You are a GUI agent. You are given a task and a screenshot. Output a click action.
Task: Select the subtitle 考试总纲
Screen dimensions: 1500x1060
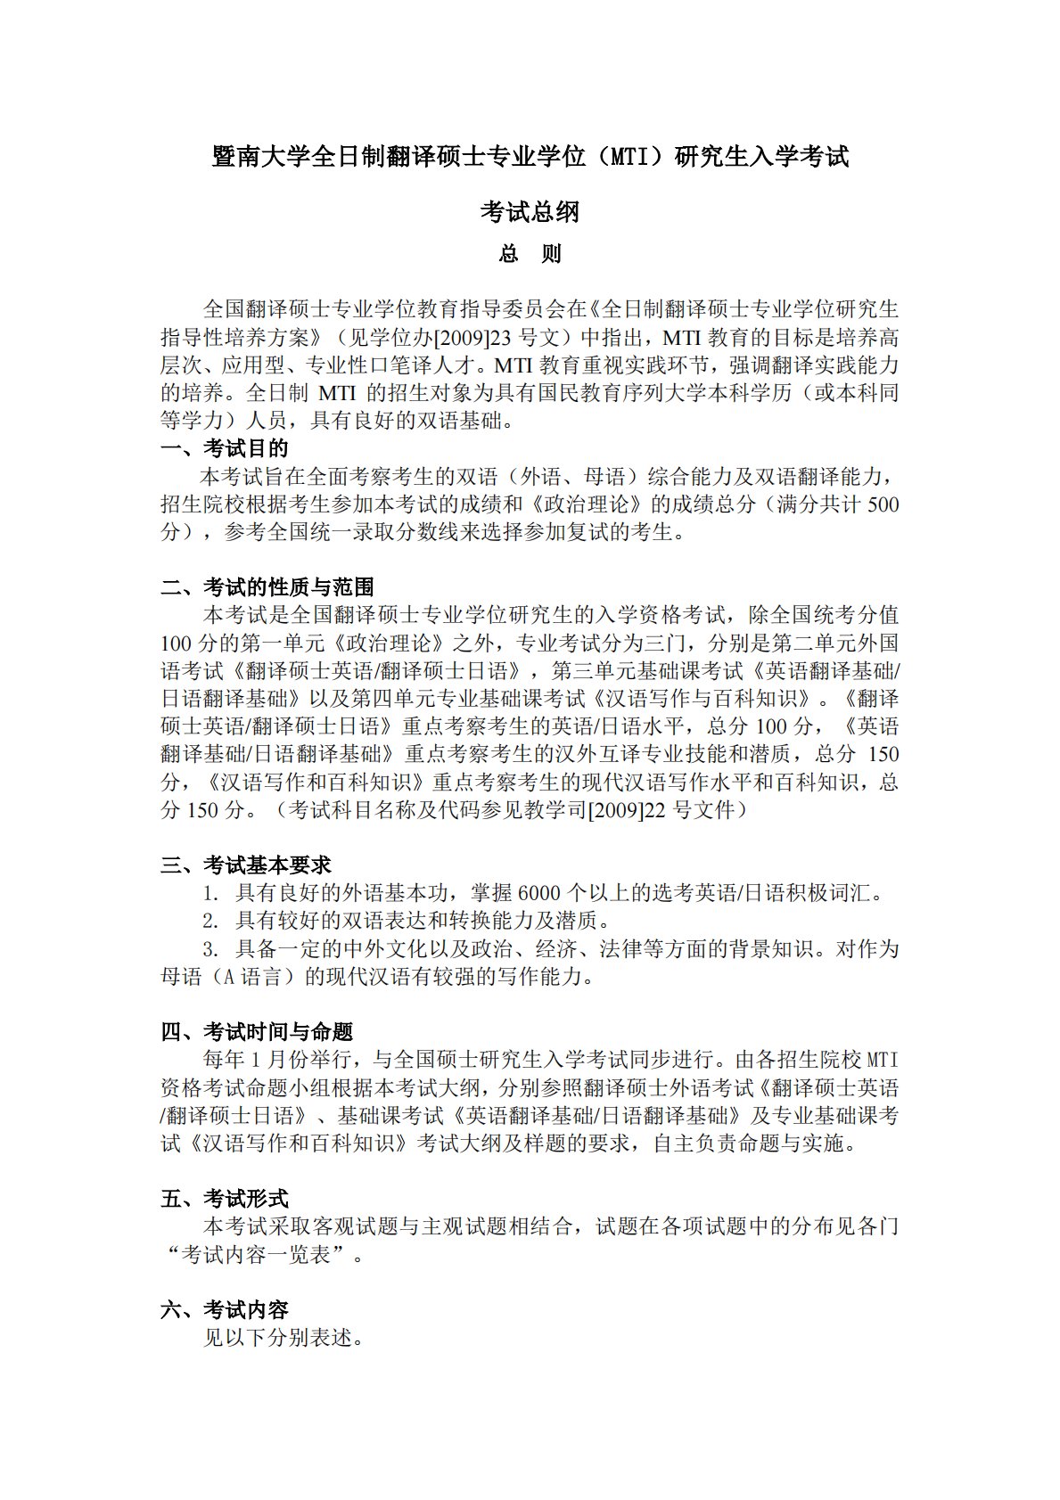[x=530, y=212]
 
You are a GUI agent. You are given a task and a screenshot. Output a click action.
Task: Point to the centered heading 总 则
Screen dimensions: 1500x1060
[x=530, y=254]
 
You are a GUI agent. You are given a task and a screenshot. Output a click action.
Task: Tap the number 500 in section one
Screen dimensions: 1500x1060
[x=882, y=504]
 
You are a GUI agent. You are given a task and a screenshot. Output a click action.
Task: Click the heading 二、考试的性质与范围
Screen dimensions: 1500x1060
[x=267, y=587]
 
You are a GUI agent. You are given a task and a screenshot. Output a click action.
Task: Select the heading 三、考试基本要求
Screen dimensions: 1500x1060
[x=246, y=865]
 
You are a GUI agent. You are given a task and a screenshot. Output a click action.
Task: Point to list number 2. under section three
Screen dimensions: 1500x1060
[x=210, y=921]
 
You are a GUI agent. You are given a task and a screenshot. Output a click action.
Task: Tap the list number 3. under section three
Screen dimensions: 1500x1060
[x=210, y=948]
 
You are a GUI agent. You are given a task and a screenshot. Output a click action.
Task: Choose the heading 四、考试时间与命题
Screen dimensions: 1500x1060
[x=257, y=1032]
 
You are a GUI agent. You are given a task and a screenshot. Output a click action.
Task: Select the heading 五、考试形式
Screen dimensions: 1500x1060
[x=225, y=1199]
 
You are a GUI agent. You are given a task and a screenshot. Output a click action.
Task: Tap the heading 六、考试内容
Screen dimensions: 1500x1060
[x=225, y=1310]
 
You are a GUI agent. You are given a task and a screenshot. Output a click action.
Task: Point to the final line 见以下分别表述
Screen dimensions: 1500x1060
[x=283, y=1338]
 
